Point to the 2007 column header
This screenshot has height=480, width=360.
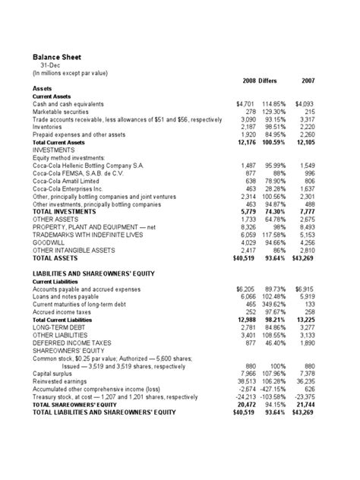(x=308, y=81)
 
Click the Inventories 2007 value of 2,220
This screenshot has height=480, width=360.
(x=307, y=128)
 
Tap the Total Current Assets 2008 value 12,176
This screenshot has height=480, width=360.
(x=244, y=143)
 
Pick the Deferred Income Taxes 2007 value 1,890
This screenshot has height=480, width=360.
(x=307, y=344)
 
